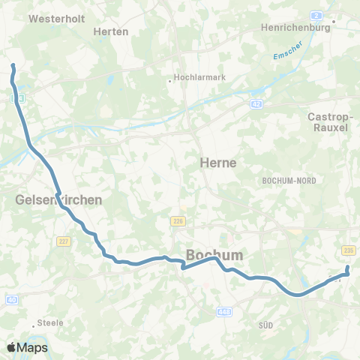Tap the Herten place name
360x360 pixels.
point(111,31)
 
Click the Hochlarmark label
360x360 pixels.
point(196,76)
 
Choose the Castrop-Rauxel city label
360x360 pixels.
point(328,121)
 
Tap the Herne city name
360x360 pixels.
point(218,163)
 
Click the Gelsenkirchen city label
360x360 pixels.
point(58,200)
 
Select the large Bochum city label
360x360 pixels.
point(214,255)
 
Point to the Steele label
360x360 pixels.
point(52,322)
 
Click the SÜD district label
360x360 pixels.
point(265,325)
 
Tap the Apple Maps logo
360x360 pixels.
point(27,347)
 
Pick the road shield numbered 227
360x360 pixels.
point(62,241)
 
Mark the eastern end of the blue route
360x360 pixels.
point(347,268)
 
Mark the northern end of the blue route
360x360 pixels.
point(13,67)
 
